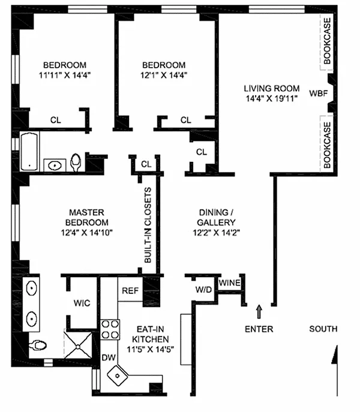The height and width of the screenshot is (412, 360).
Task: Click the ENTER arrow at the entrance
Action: (259, 311)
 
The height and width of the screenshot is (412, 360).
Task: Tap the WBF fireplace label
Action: (318, 93)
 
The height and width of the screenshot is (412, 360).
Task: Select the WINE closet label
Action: (230, 282)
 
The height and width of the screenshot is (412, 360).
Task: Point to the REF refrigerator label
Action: (131, 290)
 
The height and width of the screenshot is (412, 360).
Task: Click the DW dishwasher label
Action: (109, 357)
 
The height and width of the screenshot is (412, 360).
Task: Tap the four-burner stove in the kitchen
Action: (110, 329)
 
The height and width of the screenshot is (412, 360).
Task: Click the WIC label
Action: (82, 303)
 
